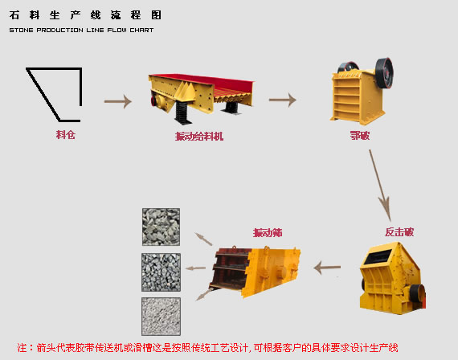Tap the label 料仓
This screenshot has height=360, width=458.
click(x=66, y=135)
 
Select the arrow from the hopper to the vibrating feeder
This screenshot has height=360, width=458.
click(x=118, y=101)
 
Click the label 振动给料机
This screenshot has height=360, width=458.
click(x=199, y=137)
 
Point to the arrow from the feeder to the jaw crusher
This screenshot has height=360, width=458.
click(x=283, y=100)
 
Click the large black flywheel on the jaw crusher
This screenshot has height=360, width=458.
click(x=384, y=73)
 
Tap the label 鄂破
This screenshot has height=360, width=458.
click(x=360, y=136)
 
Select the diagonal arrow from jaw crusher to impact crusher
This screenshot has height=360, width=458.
click(x=380, y=186)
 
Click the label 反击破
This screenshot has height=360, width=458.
click(x=399, y=232)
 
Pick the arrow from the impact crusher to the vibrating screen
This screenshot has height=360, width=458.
click(x=327, y=268)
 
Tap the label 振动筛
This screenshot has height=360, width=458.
click(x=268, y=233)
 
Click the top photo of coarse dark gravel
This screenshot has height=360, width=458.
click(x=161, y=227)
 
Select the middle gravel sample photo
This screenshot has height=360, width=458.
click(x=161, y=272)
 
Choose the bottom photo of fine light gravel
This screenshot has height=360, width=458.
click(x=161, y=317)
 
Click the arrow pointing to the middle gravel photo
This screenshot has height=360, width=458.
click(x=195, y=268)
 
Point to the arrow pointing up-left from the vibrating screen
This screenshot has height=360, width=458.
click(x=203, y=239)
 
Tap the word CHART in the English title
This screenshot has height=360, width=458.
click(x=141, y=30)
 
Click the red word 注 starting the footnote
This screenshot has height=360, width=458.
click(x=22, y=348)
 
